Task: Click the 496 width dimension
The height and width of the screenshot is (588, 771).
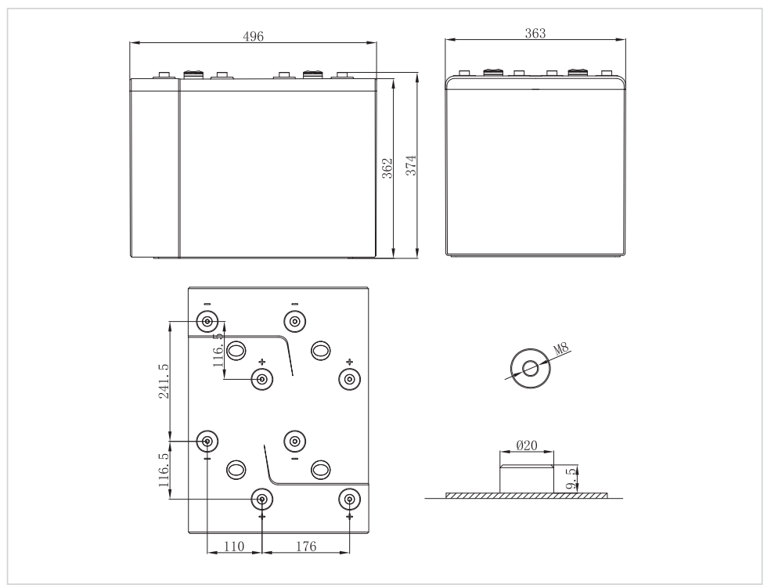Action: point(253,37)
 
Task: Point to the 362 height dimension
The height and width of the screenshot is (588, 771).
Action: point(387,168)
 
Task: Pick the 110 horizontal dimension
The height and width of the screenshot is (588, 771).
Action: point(233,547)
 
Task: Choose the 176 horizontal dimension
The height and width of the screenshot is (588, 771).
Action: point(304,547)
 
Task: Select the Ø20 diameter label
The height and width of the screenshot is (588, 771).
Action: point(527,446)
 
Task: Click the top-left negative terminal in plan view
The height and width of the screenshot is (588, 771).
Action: point(207,321)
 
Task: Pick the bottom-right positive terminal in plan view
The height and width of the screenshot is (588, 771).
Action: point(349,499)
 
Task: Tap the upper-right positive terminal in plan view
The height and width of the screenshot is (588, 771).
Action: point(349,379)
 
